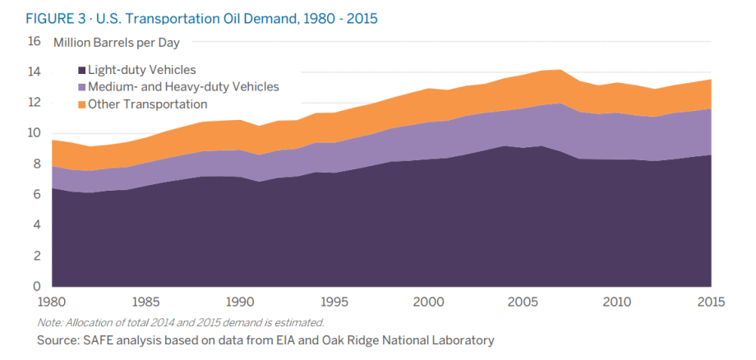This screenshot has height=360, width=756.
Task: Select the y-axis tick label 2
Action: (x=36, y=256)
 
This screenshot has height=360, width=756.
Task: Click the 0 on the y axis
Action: (x=36, y=287)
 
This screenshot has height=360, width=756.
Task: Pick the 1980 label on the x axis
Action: (x=53, y=302)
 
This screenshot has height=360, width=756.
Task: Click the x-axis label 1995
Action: (x=334, y=302)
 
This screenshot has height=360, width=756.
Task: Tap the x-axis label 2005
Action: (x=523, y=302)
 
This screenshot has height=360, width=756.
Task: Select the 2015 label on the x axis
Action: (x=710, y=302)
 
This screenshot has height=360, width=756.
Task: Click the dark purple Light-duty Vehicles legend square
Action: (x=82, y=71)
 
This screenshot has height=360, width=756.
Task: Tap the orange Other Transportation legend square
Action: (x=82, y=104)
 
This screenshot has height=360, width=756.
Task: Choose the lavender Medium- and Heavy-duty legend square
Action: (x=82, y=87)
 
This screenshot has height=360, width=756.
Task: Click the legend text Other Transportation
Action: (x=147, y=104)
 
